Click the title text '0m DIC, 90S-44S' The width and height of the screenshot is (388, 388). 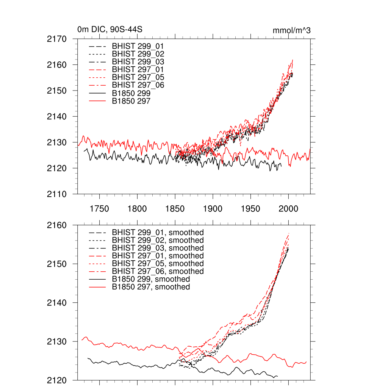pos(110,30)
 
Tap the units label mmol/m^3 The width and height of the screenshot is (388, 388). pos(291,30)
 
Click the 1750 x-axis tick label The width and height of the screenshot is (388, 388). pos(99,209)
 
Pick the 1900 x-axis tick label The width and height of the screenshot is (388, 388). pos(213,209)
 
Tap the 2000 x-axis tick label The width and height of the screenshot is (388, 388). pos(289,209)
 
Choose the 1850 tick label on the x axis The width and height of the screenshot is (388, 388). pos(175,209)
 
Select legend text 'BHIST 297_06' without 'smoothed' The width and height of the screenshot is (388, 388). pos(138,85)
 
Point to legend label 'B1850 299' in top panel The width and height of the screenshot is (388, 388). pos(131,93)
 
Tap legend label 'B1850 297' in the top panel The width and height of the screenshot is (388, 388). pos(131,101)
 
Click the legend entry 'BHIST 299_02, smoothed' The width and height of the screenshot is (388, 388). pos(158,240)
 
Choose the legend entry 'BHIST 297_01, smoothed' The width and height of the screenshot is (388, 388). pos(158,256)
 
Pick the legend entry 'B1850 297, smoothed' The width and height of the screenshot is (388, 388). pos(151,287)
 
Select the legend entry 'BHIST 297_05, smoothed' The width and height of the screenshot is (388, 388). pos(158,263)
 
